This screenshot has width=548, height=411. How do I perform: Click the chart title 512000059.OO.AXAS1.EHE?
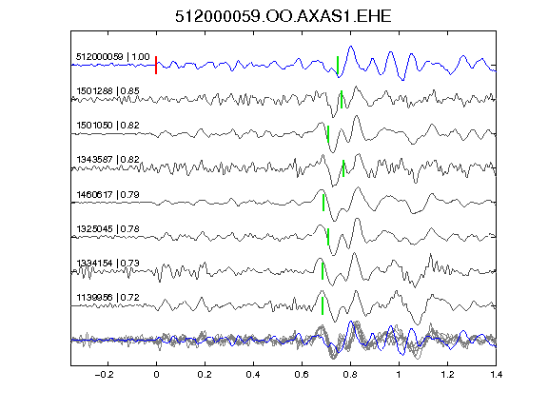[x=284, y=16]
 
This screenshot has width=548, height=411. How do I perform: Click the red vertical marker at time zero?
[x=156, y=65]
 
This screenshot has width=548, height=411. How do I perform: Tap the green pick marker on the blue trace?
[x=338, y=65]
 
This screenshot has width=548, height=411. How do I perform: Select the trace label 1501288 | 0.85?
[x=108, y=91]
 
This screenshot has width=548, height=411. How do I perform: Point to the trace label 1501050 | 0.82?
[x=108, y=126]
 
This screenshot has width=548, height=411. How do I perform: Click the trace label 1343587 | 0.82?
[x=108, y=160]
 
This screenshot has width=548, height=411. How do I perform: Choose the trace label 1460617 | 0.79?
[x=108, y=194]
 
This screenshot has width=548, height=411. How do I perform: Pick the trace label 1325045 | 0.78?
[x=108, y=229]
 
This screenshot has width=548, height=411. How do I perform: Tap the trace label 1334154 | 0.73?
[x=108, y=264]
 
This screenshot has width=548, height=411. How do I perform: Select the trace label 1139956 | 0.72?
[x=108, y=298]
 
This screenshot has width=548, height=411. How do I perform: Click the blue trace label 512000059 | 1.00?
[x=113, y=57]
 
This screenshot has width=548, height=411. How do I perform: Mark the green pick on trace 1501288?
[x=342, y=99]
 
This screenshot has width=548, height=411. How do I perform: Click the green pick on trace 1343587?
[x=343, y=168]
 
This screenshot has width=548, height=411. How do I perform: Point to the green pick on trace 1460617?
[x=323, y=203]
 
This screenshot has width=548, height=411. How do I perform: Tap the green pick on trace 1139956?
[x=323, y=305]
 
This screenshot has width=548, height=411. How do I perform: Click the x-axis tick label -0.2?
[x=105, y=375]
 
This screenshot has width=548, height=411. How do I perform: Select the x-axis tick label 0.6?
[x=302, y=375]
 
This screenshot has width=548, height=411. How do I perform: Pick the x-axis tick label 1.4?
[x=496, y=375]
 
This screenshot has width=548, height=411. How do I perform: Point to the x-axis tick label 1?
[x=399, y=375]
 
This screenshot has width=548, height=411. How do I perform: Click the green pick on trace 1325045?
[x=328, y=237]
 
